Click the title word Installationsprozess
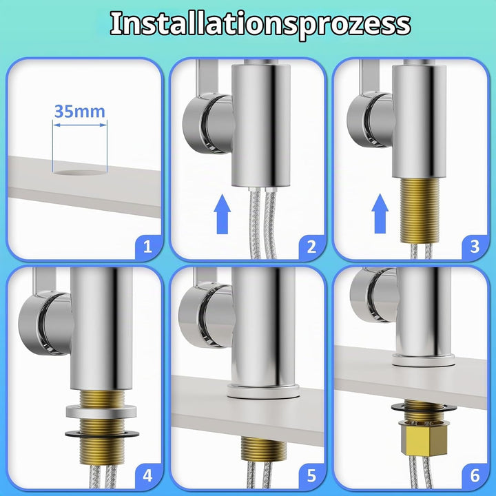[x=260, y=24]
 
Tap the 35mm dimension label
[x=80, y=112]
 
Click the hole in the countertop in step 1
[x=80, y=173]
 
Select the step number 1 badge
[x=147, y=246]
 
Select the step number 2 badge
[x=311, y=247]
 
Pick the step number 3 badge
[x=475, y=247]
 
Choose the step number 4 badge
[x=147, y=475]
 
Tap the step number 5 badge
[x=311, y=475]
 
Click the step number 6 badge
[x=475, y=475]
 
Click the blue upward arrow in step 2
[x=223, y=214]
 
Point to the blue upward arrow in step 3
[x=380, y=214]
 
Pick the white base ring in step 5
[x=263, y=391]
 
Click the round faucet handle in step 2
[x=209, y=124]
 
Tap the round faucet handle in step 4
[x=46, y=324]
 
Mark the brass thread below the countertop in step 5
[x=263, y=448]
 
